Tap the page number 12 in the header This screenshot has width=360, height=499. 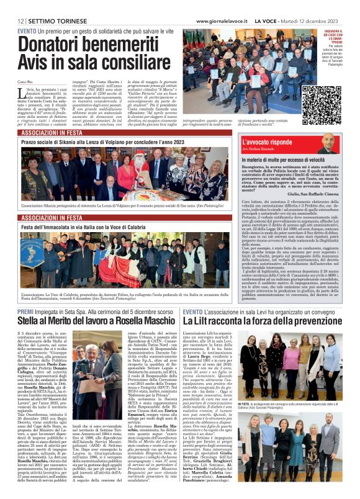coord(21,21)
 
